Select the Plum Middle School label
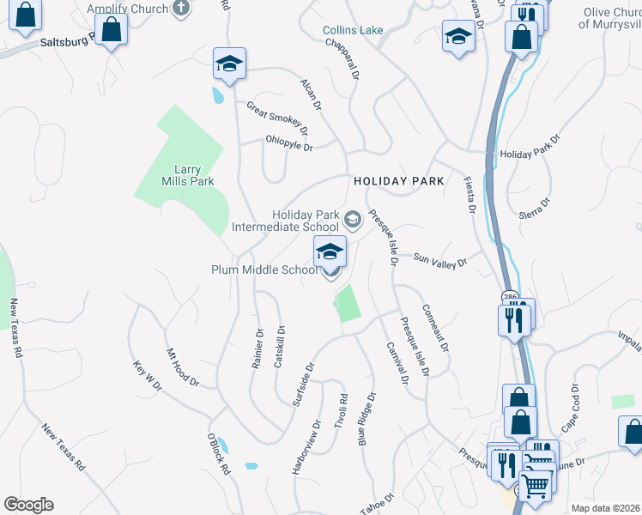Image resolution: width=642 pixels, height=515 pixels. [x=264, y=270]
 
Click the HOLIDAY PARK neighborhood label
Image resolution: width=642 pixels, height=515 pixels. [x=399, y=181]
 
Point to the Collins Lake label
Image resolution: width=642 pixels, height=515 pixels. [x=352, y=30]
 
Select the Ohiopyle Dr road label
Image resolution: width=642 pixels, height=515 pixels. [x=289, y=142]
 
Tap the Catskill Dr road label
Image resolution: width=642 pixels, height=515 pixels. [x=279, y=347]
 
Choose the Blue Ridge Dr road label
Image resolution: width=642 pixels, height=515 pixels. [x=368, y=421]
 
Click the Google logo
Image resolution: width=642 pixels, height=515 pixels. [x=29, y=504]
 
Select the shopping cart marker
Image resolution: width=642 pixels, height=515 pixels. [x=536, y=486]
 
